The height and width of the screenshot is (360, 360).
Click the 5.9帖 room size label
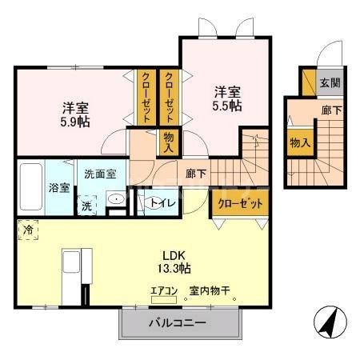coord(71,124)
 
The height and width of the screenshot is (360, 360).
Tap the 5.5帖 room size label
coord(227,106)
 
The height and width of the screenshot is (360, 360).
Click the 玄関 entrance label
coord(330,82)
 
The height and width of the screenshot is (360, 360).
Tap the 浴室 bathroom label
coord(58,190)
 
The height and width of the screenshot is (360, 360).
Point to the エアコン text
coord(163,291)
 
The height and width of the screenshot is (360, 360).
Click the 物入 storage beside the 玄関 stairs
coord(300,142)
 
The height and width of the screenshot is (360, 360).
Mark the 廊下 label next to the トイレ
coord(196,171)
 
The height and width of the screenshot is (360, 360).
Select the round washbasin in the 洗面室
coord(116,201)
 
